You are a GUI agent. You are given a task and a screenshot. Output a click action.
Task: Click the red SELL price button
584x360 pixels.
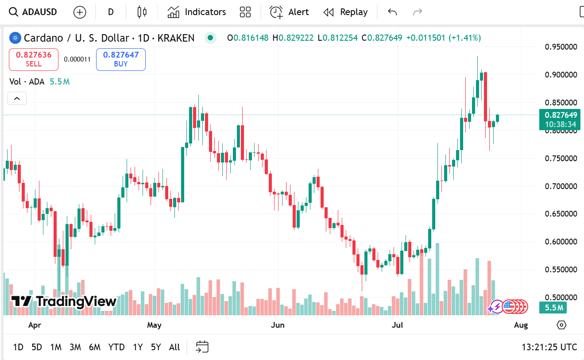[34, 59]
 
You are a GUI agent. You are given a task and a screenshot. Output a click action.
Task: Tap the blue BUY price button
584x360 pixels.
[121, 59]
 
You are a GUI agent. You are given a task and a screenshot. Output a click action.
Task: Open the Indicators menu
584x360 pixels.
[197, 12]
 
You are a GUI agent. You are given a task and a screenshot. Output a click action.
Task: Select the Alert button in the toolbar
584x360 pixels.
[289, 12]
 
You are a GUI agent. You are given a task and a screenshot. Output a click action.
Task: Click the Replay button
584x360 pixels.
[345, 12]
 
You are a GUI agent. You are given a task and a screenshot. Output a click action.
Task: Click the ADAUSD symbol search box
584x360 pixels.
[34, 12]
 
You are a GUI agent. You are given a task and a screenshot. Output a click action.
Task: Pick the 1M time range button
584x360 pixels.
[56, 347]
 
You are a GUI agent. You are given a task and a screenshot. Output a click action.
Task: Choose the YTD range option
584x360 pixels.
[116, 347]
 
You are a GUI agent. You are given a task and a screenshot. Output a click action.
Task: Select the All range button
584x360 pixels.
[174, 347]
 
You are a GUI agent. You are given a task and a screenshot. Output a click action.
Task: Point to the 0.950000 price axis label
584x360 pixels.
[561, 47]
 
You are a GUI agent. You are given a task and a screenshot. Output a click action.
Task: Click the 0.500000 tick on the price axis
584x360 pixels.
[561, 297]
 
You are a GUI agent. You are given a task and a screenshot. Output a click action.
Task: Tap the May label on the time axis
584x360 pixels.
[154, 325]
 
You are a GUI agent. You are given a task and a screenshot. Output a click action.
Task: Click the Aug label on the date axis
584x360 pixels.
[521, 325]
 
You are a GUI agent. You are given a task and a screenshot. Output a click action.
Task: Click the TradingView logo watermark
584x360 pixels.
[64, 302]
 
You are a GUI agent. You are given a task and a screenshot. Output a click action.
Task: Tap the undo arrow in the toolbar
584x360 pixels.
[392, 12]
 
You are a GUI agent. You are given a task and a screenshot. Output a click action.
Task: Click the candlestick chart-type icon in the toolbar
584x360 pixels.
[142, 12]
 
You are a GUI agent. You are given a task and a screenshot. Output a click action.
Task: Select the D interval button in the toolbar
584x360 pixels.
[111, 12]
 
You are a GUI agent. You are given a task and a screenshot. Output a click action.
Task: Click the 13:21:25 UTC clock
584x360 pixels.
[549, 347]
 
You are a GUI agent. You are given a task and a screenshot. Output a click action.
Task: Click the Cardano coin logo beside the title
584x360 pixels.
[15, 38]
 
